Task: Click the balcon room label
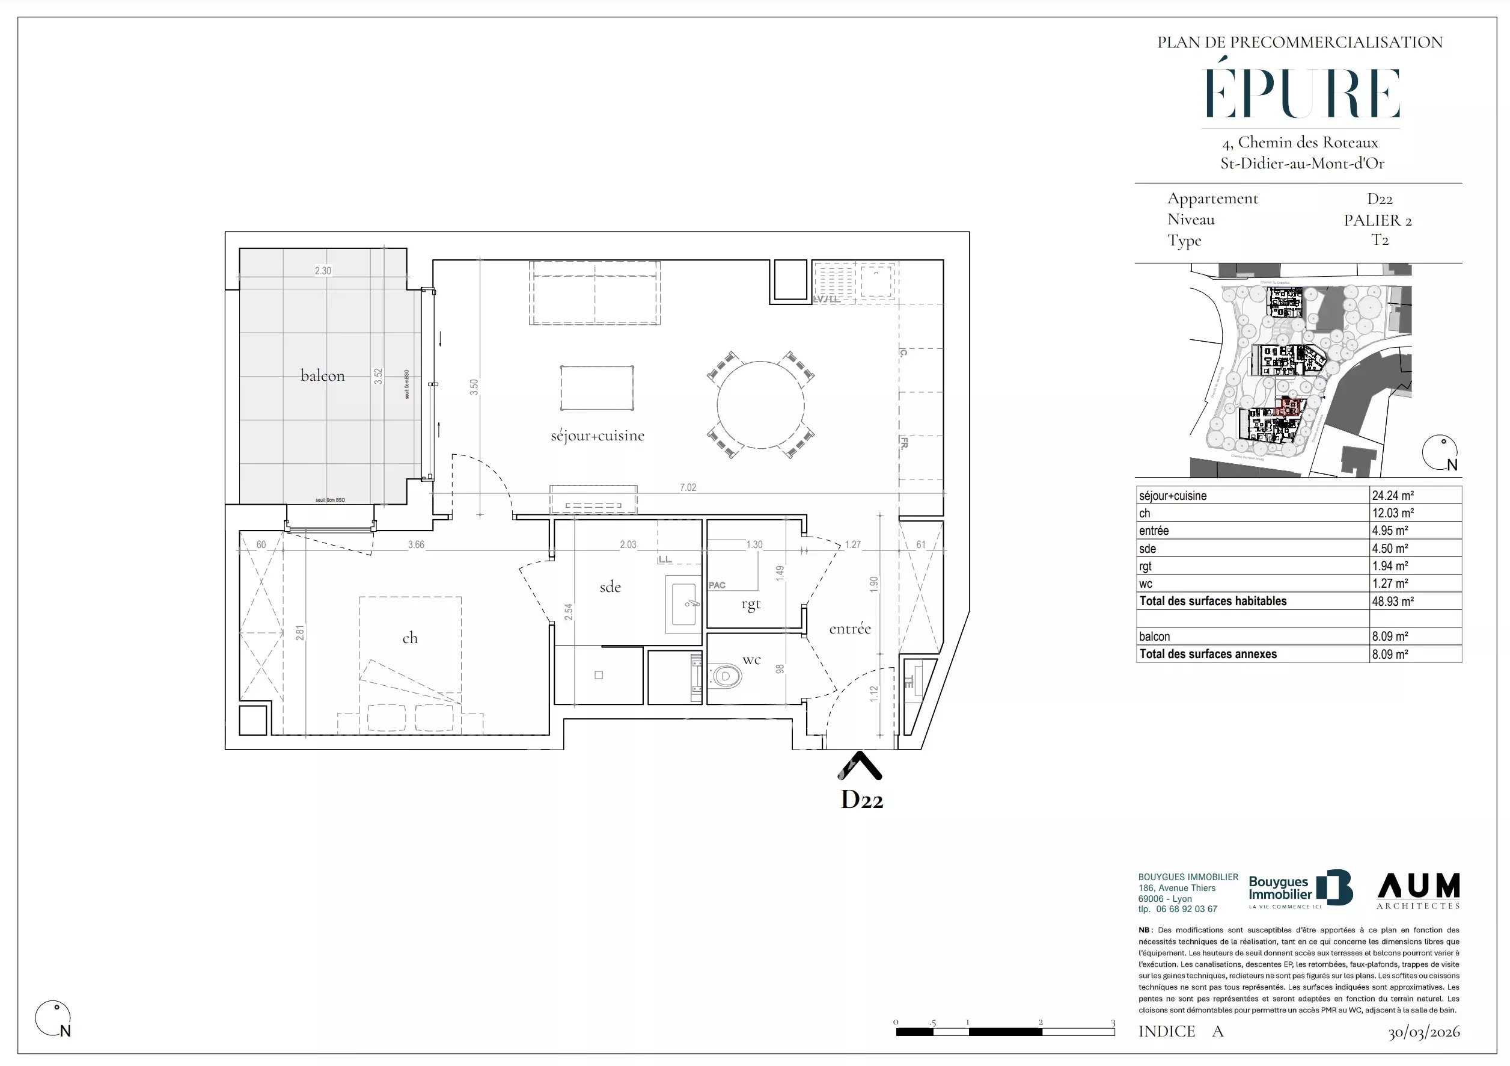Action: (322, 376)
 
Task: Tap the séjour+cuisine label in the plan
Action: (597, 436)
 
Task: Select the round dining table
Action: (760, 405)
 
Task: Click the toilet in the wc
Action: (727, 675)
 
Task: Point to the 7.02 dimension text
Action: (687, 488)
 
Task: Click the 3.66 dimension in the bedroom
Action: (415, 545)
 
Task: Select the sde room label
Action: (610, 587)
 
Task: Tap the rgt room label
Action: (750, 604)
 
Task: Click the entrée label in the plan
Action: (850, 629)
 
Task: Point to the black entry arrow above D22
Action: (859, 765)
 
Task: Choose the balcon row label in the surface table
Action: (1154, 637)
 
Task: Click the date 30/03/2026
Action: (1423, 1032)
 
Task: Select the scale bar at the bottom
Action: (1005, 1031)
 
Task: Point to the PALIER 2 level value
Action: (1378, 220)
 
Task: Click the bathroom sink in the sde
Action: (683, 604)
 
